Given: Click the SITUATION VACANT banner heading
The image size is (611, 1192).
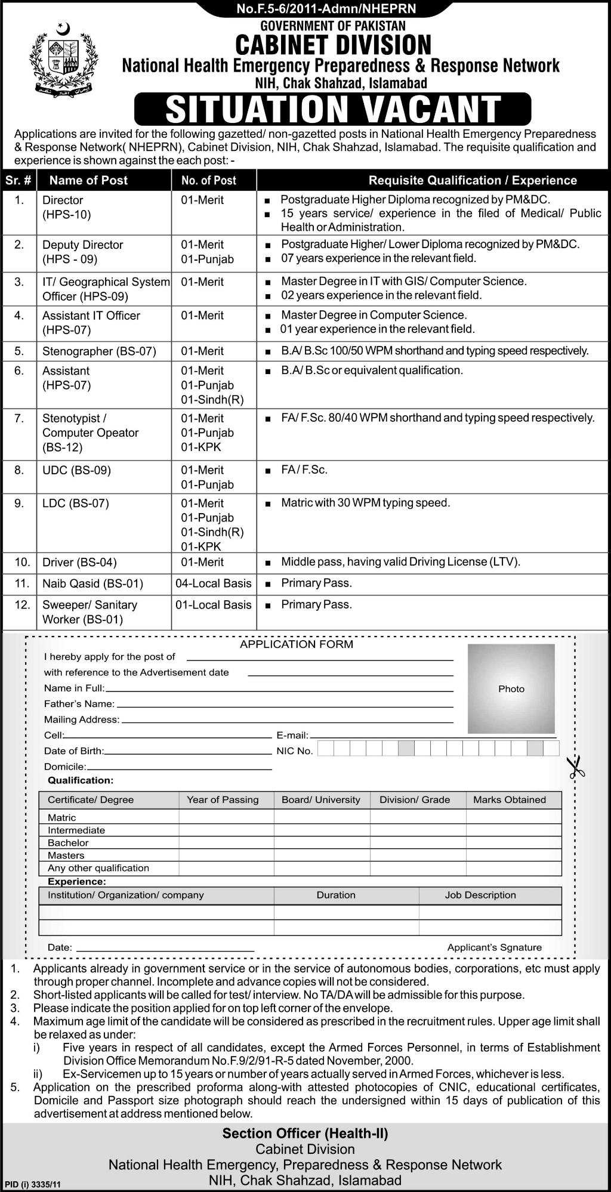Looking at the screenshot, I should tap(333, 109).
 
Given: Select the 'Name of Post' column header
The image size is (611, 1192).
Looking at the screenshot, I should tap(88, 180).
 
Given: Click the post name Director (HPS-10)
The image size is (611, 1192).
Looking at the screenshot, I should tap(66, 207).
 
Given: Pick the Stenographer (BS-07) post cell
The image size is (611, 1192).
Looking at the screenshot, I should tap(99, 351).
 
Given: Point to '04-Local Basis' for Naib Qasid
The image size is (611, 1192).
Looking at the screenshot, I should tap(214, 583).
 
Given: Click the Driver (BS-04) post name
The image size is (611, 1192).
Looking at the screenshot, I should tap(79, 563).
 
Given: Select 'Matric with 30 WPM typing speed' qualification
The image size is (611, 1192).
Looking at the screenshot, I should tap(365, 503).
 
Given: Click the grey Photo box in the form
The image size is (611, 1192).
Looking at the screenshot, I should tap(511, 688).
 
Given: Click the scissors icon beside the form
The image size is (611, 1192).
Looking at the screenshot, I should tap(576, 767).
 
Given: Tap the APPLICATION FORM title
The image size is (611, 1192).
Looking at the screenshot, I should tap(297, 644).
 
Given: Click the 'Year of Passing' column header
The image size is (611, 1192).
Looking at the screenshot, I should tap(223, 800).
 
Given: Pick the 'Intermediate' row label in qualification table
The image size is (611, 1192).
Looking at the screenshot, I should tap(76, 830).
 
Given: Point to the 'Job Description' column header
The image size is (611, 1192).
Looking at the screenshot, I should tap(480, 895).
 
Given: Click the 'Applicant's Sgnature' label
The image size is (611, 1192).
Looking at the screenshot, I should tap(495, 947).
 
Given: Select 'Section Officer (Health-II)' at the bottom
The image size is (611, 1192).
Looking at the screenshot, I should tap(305, 1134).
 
